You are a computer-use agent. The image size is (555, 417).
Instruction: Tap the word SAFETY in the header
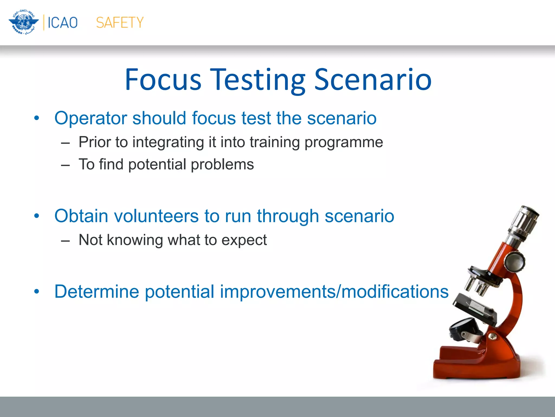tap(120, 23)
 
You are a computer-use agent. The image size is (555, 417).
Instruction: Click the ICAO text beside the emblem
tap(63, 23)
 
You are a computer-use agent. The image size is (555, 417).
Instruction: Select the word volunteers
tap(156, 216)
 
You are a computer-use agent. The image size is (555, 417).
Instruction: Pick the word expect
tap(244, 240)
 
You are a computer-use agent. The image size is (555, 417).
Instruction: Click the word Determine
tap(96, 292)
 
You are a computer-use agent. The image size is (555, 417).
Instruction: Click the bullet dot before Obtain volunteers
tap(37, 216)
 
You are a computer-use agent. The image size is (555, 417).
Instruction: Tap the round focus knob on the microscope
tap(514, 261)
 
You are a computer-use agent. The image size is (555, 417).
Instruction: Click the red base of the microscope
tap(477, 364)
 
